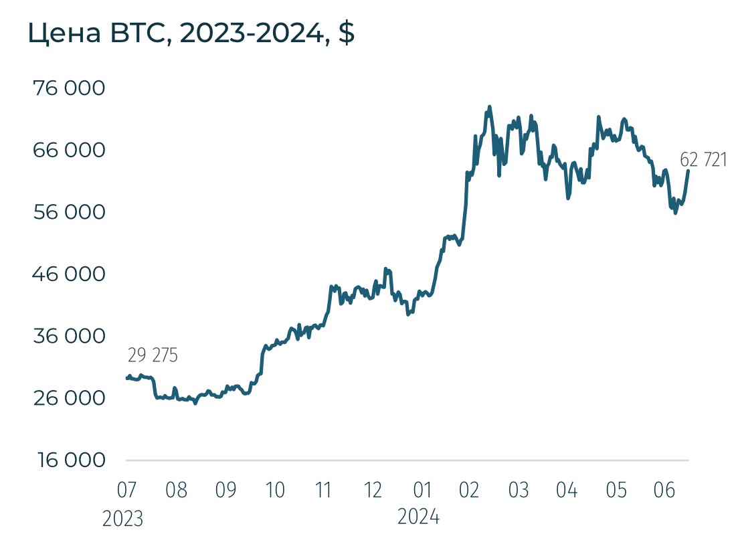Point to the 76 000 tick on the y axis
(x=70, y=88)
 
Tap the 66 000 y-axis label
(x=70, y=150)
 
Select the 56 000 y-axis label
(x=70, y=212)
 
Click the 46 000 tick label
(x=70, y=274)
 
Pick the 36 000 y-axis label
(x=70, y=336)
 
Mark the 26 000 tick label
(x=70, y=398)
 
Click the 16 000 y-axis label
(x=70, y=460)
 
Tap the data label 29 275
(x=153, y=355)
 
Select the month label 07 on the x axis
(x=126, y=490)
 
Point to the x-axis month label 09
(x=225, y=490)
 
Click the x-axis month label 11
(x=324, y=490)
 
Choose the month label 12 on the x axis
(x=373, y=490)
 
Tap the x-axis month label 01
(x=422, y=490)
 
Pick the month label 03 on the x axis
(x=518, y=490)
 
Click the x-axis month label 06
(x=663, y=490)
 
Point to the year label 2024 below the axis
(x=419, y=517)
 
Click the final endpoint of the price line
(x=688, y=171)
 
